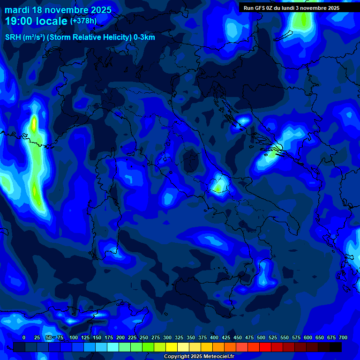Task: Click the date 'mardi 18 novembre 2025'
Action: pyautogui.click(x=58, y=10)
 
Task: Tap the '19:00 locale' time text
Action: pyautogui.click(x=36, y=21)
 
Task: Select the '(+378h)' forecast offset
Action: pyautogui.click(x=83, y=21)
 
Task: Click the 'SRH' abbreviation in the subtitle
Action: pyautogui.click(x=13, y=37)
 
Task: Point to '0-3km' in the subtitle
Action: pyautogui.click(x=144, y=37)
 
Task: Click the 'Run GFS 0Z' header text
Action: pyautogui.click(x=260, y=8)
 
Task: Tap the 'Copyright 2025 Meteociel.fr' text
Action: pyautogui.click(x=199, y=357)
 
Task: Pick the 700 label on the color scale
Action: pyautogui.click(x=343, y=337)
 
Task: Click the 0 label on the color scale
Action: pyautogui.click(x=24, y=337)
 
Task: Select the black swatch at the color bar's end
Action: pyautogui.click(x=336, y=347)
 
